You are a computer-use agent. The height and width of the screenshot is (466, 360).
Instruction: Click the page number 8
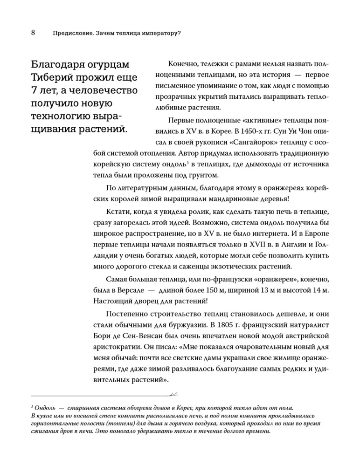34,33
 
